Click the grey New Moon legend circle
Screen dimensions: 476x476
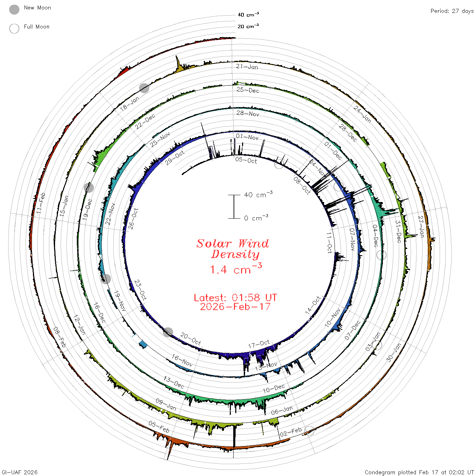[14, 10]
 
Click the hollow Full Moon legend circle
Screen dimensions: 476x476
[14, 29]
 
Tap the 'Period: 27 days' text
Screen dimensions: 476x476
[452, 11]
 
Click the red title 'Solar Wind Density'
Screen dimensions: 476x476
[233, 249]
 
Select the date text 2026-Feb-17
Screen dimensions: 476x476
[235, 307]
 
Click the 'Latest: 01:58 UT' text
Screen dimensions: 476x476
[235, 297]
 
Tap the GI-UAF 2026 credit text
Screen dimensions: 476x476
[19, 472]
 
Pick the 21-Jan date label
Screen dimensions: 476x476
[247, 67]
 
